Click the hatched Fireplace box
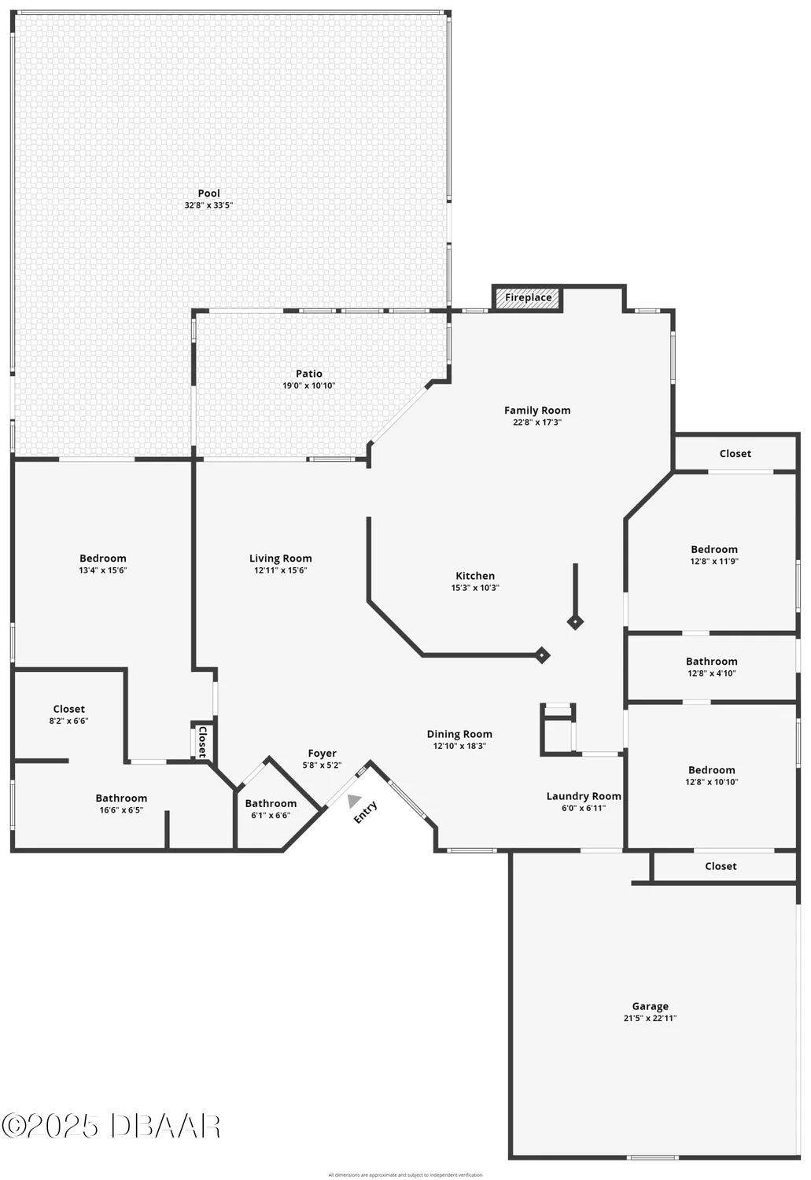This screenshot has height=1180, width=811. [528, 298]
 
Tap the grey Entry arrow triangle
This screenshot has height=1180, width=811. [354, 801]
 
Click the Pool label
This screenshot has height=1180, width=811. [208, 194]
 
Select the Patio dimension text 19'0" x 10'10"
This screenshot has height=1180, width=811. [308, 385]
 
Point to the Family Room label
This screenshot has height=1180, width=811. [537, 410]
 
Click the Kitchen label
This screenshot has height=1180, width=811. [475, 576]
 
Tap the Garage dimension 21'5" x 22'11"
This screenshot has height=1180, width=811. [650, 1018]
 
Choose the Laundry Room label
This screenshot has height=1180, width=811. [584, 796]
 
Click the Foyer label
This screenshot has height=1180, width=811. [322, 753]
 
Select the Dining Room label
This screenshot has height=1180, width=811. [459, 734]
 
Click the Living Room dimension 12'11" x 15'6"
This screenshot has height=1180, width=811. [280, 570]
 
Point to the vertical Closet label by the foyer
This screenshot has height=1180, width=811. [202, 741]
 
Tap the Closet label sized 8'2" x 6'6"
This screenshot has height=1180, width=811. [69, 709]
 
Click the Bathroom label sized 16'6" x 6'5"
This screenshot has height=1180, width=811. [121, 798]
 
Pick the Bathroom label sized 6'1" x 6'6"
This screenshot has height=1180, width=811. [271, 803]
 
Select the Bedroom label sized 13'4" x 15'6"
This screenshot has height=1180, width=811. [102, 559]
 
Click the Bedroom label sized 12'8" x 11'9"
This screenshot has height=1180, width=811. [714, 549]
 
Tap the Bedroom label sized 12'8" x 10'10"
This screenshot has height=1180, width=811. [712, 770]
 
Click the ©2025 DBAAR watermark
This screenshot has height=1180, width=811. [111, 1127]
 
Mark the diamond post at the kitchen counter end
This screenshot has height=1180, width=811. [542, 655]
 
